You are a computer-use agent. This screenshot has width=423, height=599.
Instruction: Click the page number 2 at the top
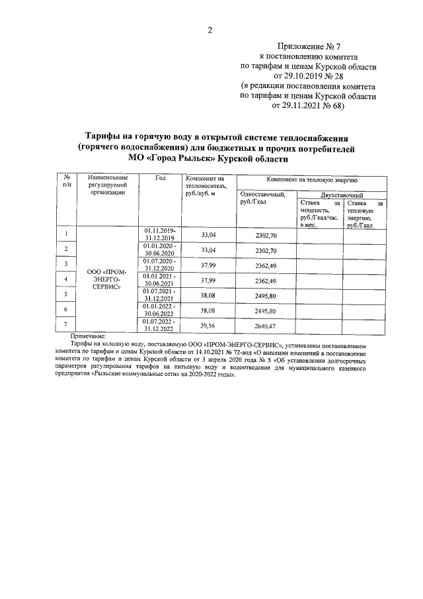[x=210, y=30]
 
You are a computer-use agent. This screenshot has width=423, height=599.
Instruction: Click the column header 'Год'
[x=160, y=179]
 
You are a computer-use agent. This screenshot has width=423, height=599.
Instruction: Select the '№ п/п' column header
[x=67, y=183]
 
